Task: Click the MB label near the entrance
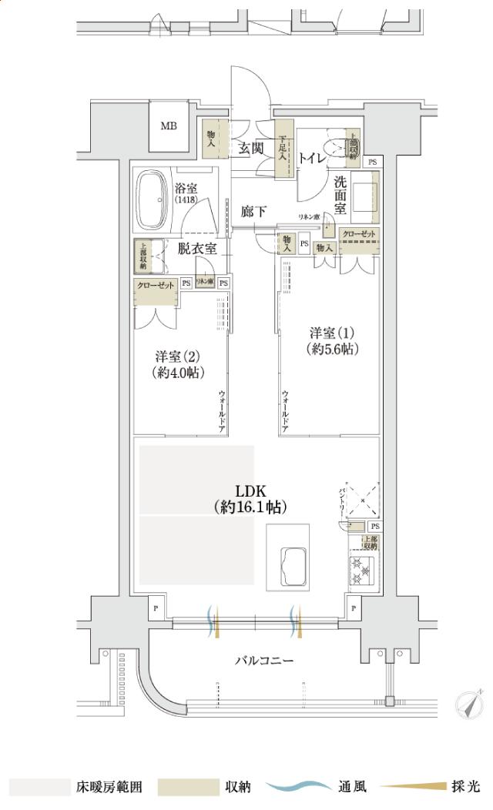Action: click(x=169, y=126)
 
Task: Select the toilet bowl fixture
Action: click(x=337, y=147)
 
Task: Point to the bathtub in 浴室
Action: click(x=152, y=200)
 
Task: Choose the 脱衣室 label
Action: click(x=197, y=248)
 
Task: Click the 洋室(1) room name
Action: click(x=332, y=333)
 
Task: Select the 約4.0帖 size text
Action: click(x=178, y=373)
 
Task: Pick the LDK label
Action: click(x=251, y=490)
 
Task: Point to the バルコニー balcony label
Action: click(x=264, y=661)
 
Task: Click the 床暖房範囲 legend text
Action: click(x=108, y=787)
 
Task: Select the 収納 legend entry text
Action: click(x=237, y=787)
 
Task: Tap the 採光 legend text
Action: click(x=465, y=787)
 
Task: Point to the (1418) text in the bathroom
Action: click(x=186, y=199)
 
